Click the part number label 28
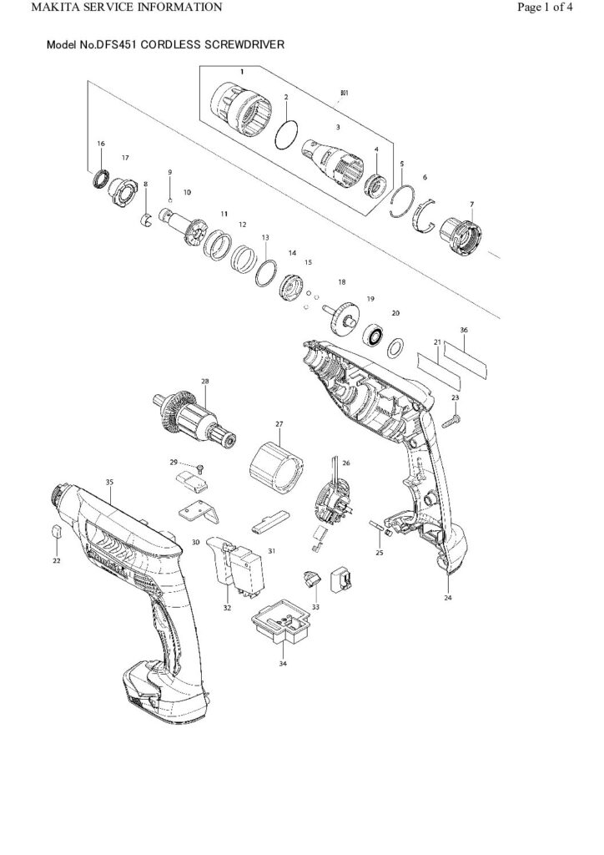[x=204, y=382]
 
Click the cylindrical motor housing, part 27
[x=276, y=468]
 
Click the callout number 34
[x=283, y=663]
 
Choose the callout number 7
[x=471, y=204]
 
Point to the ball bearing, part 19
[x=372, y=336]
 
